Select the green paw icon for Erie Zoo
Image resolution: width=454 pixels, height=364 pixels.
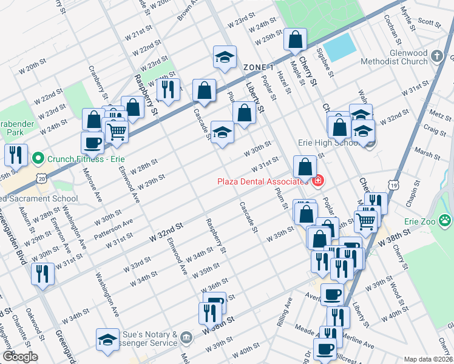(x=446, y=221)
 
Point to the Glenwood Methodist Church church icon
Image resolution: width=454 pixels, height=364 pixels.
(x=437, y=57)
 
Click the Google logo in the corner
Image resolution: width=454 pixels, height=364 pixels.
(x=19, y=357)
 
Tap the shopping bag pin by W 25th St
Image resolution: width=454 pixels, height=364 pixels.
(x=295, y=40)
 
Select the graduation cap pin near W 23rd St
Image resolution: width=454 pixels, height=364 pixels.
(x=224, y=58)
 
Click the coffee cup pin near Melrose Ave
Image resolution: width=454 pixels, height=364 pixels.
(x=92, y=143)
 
